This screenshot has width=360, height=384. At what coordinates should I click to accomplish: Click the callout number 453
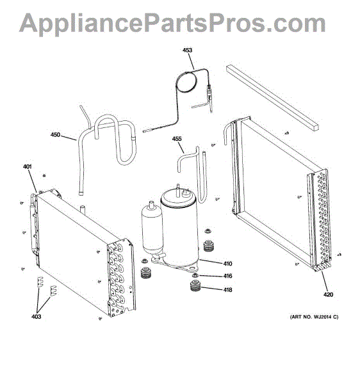pos(187,50)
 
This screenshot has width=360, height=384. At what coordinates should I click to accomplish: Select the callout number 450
pos(55,134)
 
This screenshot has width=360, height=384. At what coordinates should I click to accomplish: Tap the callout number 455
pos(177,139)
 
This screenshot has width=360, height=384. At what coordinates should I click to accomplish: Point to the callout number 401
pos(28,166)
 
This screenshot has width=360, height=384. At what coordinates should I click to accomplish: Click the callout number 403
pos(36,317)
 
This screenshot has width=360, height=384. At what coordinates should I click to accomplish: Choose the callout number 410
pos(227,264)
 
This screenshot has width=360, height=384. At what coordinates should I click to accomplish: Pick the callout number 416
pos(227,276)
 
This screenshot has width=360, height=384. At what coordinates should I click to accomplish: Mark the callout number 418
pos(227,290)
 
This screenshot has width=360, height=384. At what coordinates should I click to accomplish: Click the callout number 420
pos(328,294)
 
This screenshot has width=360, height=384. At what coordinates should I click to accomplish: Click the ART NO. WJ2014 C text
pos(314,317)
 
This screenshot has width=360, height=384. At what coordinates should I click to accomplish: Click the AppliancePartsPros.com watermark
pos(172,23)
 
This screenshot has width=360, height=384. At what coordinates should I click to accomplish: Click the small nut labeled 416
pos(195,275)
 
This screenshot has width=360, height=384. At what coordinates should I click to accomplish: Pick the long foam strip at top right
pos(273,98)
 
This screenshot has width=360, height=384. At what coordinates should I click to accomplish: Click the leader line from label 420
pos(324,282)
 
